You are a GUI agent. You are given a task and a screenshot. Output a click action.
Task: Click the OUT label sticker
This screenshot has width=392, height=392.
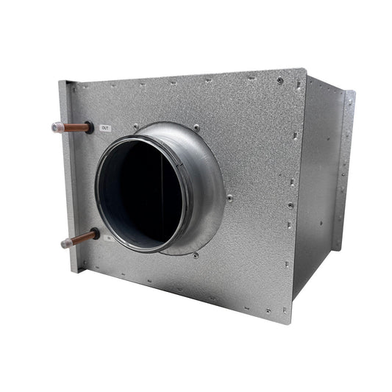pos(106,127)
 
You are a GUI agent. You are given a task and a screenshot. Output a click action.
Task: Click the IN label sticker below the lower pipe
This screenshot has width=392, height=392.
pos(107,238)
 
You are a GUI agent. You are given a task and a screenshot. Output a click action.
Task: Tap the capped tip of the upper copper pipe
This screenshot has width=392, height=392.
pos(57,127)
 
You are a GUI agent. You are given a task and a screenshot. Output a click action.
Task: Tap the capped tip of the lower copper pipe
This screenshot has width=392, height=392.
pos(65,242)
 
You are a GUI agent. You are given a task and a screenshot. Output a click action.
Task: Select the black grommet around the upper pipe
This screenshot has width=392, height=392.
pos(90,127)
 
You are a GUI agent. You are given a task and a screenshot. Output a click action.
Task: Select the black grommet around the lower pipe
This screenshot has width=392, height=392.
pos(95,235)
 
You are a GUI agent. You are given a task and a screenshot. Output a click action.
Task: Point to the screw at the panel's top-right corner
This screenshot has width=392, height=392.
pos(280,80)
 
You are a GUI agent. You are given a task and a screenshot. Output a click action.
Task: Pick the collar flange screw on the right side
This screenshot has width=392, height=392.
pos(229,197)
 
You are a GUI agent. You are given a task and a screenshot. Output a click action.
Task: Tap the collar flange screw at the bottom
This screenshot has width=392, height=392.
pos(196,255)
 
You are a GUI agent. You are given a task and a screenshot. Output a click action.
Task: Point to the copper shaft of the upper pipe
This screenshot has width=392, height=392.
pos(74,127)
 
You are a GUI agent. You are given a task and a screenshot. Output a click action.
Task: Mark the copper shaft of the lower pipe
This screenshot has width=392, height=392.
pos(79,238)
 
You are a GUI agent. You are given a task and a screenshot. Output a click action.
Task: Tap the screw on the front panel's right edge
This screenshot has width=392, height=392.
pos(292,207)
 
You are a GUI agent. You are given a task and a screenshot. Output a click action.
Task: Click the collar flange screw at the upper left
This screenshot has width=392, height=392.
pos(136,126)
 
